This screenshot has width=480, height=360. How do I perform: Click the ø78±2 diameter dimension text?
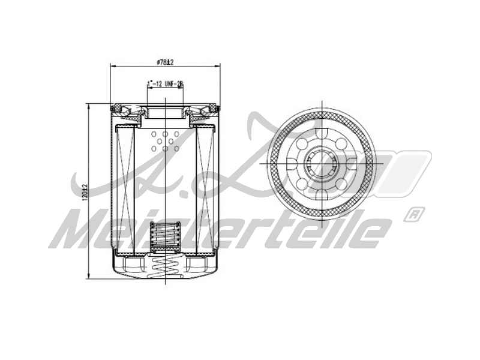164,62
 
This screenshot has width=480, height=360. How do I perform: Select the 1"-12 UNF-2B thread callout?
164,84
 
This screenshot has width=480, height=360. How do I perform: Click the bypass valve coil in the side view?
164,237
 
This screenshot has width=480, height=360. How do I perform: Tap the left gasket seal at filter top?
120,109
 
